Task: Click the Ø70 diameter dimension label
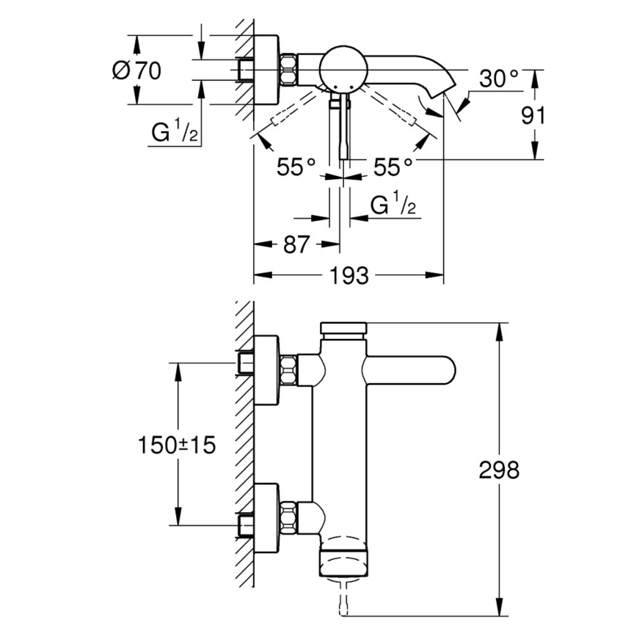click(136, 71)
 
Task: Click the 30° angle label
click(500, 78)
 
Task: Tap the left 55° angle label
click(296, 167)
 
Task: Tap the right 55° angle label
click(393, 167)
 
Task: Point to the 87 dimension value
click(296, 245)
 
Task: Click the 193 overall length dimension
click(349, 276)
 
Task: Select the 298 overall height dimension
click(499, 470)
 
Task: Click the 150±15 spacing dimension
click(178, 444)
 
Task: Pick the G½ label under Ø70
click(175, 133)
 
